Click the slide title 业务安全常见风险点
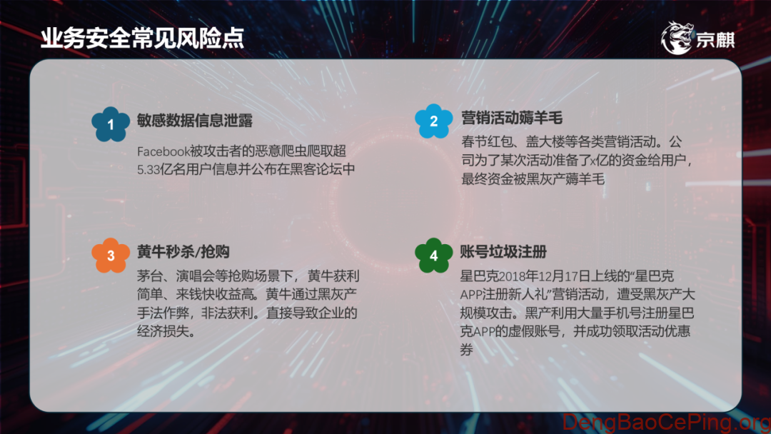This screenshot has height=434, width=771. [x=142, y=38]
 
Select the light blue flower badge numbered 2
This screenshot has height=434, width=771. [x=433, y=123]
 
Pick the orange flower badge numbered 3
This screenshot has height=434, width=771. [x=111, y=255]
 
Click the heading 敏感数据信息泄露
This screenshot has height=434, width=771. [x=195, y=119]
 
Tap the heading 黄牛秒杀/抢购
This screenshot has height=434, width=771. [x=183, y=251]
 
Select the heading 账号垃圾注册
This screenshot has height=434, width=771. [x=504, y=251]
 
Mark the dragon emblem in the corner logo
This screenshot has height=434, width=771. [x=676, y=38]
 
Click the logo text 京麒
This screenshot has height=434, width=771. [x=715, y=40]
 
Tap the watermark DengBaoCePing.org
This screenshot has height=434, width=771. [x=664, y=422]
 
